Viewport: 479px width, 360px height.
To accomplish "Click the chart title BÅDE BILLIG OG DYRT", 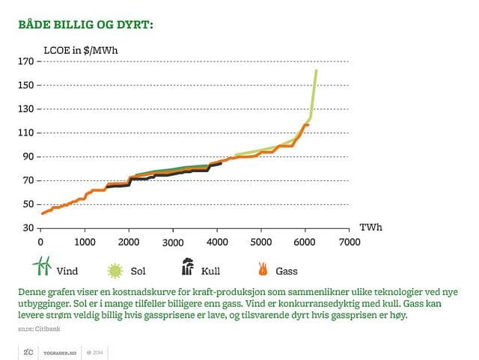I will click(86, 25).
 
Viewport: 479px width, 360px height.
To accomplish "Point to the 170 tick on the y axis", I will click(25, 61).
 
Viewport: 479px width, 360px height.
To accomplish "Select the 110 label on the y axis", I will click(25, 132).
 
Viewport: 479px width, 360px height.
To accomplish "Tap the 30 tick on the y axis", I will click(28, 228).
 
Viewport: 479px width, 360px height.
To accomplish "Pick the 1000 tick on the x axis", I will click(85, 242).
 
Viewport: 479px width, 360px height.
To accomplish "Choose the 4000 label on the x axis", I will click(217, 242).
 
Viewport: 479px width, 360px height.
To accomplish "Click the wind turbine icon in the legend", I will click(40, 266).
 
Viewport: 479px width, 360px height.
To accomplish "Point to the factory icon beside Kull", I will click(186, 267).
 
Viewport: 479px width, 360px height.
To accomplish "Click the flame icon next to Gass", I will click(263, 268).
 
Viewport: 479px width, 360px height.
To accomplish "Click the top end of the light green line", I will click(317, 70).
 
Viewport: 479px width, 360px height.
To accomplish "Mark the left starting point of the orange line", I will click(42, 214).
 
